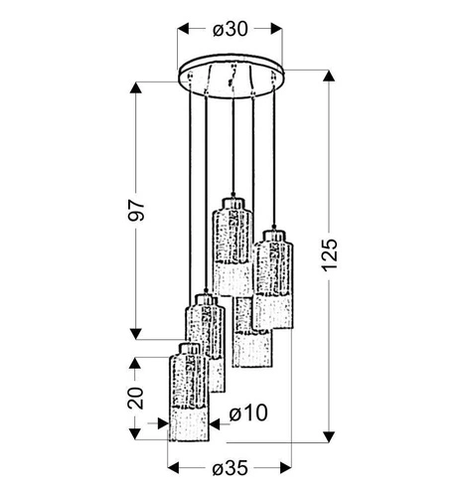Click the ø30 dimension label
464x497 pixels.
[x=231, y=29]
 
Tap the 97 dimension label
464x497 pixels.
[x=136, y=210]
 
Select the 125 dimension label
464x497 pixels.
[x=330, y=254]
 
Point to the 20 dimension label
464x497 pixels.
[x=136, y=398]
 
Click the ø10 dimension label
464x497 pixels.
[x=248, y=414]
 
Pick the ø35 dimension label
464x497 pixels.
[x=231, y=468]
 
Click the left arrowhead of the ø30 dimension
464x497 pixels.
[x=183, y=29]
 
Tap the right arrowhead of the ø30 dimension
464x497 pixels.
[x=276, y=29]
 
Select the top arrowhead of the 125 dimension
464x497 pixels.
[x=329, y=76]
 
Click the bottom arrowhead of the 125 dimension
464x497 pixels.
[x=329, y=436]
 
